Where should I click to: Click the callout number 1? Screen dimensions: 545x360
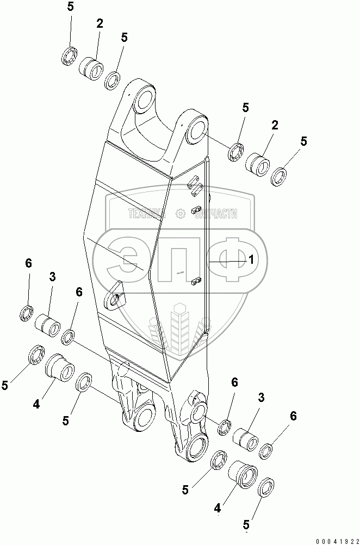click(252, 260)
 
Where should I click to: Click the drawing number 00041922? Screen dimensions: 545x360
click(332, 538)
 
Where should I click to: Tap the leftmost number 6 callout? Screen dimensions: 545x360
click(28, 264)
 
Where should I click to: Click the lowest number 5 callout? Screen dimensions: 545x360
click(246, 525)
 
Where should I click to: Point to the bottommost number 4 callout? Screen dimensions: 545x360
click(218, 509)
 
